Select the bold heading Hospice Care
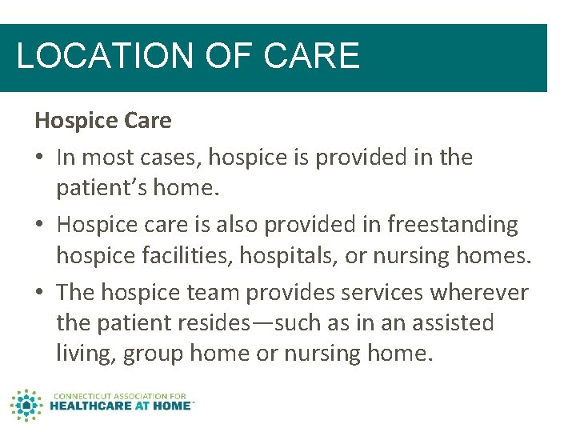coord(102,121)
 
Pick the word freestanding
coord(453,226)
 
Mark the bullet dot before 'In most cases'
coord(40,158)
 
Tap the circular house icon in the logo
coord(26,406)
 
